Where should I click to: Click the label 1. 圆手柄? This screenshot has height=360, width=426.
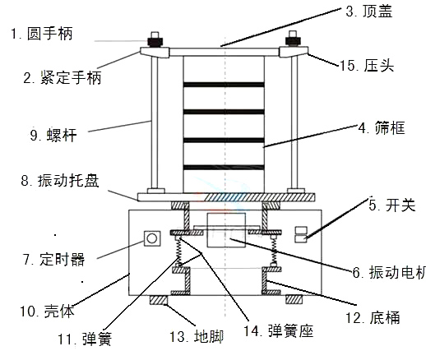point(42,34)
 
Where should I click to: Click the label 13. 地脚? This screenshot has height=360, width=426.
point(191,335)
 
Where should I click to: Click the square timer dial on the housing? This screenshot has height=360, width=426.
point(151,238)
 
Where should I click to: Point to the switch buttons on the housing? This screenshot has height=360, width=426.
point(302,234)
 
